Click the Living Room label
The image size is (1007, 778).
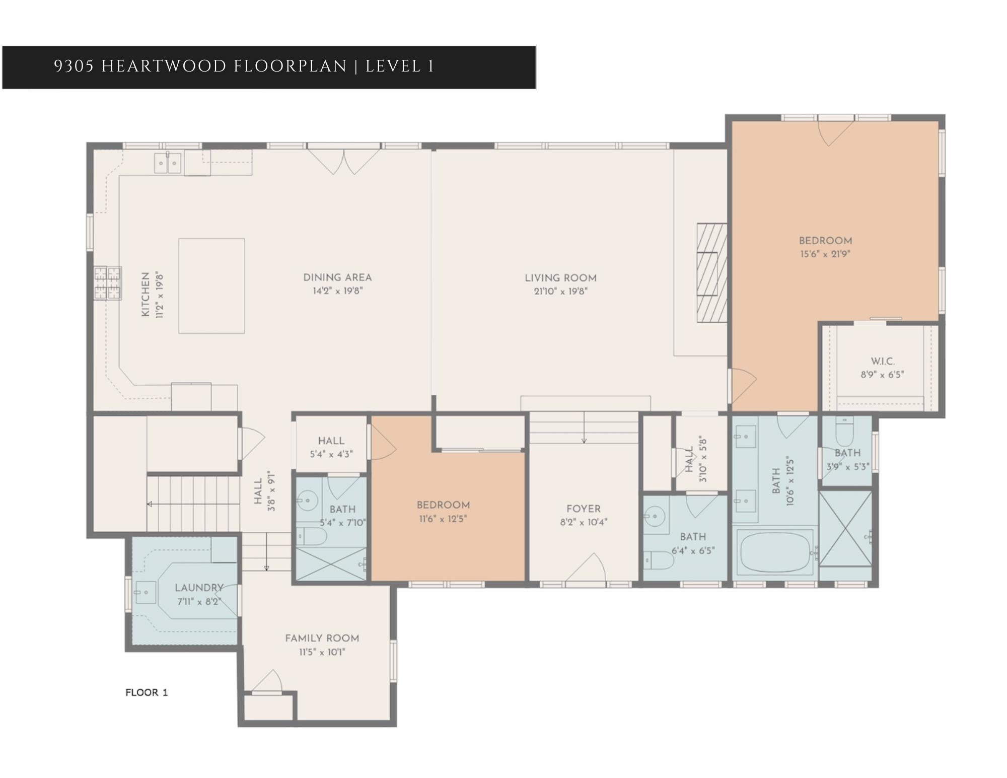click(560, 278)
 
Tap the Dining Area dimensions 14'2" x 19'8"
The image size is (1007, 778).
click(337, 291)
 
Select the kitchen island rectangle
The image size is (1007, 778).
click(211, 286)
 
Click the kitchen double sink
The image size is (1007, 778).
click(168, 163)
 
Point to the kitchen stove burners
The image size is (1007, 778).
click(108, 283)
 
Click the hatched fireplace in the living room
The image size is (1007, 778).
click(712, 273)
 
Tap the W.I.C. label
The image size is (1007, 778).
click(883, 362)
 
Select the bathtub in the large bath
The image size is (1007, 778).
click(775, 552)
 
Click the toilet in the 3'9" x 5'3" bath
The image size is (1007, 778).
click(844, 431)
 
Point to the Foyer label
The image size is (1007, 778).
click(584, 509)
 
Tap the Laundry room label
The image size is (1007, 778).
click(199, 588)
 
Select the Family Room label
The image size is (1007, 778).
click(322, 639)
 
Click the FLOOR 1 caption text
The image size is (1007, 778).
click(147, 692)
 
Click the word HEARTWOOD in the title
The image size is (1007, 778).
click(164, 66)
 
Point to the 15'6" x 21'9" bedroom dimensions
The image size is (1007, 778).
click(825, 254)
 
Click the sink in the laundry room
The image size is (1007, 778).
click(146, 593)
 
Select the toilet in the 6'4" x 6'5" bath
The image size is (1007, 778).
click(659, 560)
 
